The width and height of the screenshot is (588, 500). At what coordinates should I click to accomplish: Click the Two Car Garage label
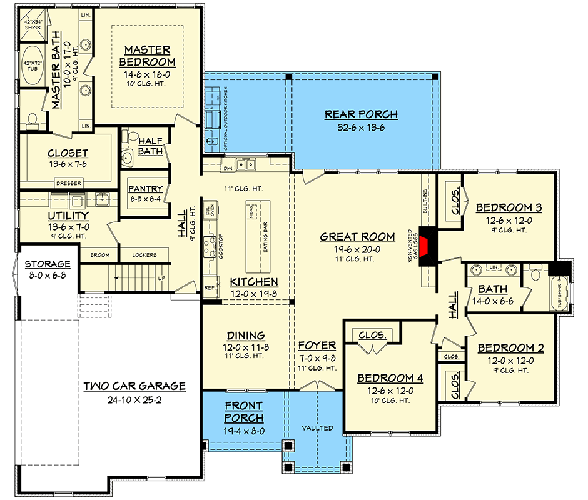(134, 386)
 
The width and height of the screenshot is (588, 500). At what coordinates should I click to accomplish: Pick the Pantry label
(145, 189)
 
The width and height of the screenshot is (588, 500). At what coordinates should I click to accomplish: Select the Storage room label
(47, 264)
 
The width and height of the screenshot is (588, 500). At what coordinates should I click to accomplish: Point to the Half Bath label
(150, 146)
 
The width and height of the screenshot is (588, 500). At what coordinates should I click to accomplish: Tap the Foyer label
(317, 346)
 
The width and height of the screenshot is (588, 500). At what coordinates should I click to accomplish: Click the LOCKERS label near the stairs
(144, 255)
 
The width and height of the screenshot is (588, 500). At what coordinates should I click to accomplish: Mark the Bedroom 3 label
(508, 207)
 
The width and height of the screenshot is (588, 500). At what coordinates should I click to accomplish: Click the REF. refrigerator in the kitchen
(210, 288)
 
